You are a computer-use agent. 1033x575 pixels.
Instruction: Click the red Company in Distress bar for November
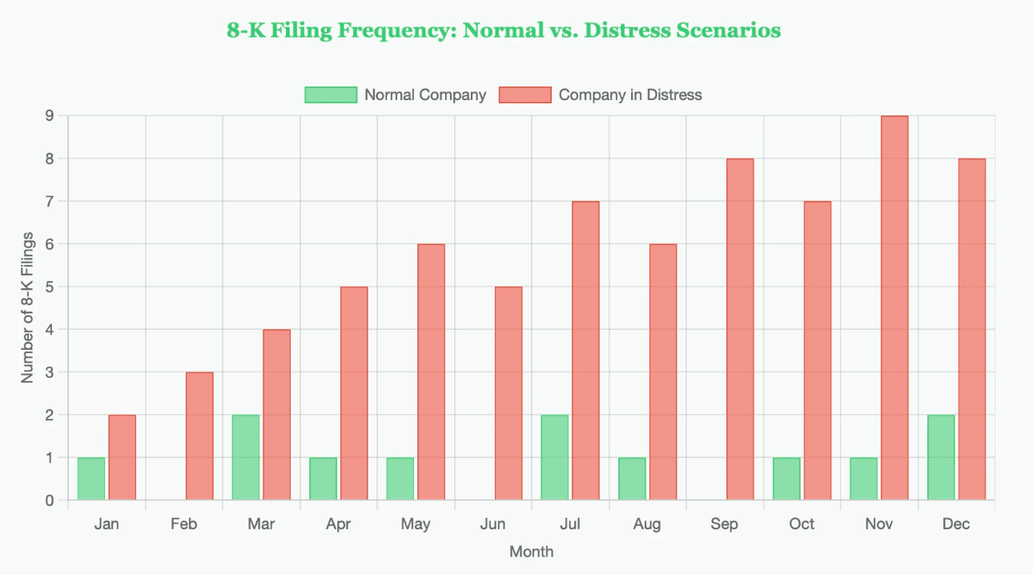(894, 308)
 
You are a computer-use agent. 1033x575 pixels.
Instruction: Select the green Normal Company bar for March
(246, 457)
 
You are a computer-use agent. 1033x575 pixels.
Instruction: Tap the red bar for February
(199, 436)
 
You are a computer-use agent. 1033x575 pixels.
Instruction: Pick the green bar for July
(555, 457)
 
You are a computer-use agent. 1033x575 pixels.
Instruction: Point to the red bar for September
(740, 329)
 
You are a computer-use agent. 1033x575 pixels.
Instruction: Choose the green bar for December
(941, 457)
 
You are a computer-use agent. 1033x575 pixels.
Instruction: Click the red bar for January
(123, 457)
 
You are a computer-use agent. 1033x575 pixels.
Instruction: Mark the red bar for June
(508, 393)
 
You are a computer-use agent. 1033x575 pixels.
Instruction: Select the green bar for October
(786, 479)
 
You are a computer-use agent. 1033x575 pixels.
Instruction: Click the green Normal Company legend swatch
(331, 94)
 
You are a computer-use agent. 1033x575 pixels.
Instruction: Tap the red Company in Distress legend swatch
(525, 94)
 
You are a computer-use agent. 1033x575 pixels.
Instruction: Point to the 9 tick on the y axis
(49, 116)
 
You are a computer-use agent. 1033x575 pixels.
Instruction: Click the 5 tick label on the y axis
(49, 287)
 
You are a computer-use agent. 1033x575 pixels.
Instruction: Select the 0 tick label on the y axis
(49, 501)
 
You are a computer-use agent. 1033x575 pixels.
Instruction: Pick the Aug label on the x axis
(647, 525)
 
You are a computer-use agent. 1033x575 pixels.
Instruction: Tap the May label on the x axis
(416, 525)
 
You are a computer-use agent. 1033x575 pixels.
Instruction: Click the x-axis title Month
(531, 552)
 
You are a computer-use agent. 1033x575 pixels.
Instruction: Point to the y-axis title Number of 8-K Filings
(28, 308)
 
